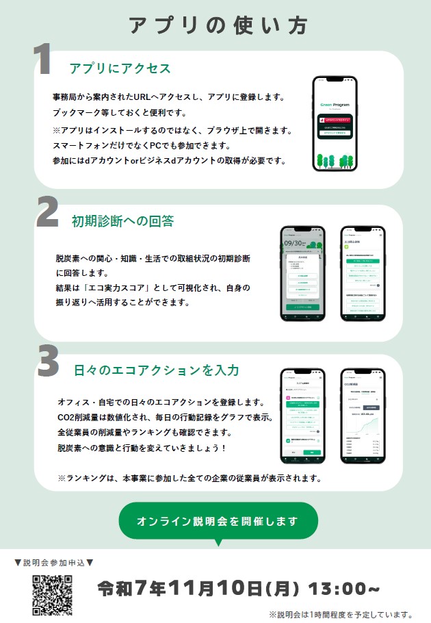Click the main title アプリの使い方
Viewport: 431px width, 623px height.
218,25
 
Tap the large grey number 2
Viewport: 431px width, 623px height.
47,214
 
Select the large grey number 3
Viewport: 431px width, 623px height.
48,363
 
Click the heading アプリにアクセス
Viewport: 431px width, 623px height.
120,68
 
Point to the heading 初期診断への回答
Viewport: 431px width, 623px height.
122,221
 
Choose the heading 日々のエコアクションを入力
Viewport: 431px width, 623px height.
156,370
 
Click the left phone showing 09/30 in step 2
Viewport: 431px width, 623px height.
303,274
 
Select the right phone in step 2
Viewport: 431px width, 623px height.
363,274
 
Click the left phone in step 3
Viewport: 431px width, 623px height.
302,416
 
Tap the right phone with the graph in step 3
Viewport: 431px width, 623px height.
363,416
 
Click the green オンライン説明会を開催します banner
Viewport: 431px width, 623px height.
218,521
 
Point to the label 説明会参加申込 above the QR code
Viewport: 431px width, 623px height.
54,563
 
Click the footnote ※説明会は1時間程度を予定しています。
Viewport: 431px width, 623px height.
341,614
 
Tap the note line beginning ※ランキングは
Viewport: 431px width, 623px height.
190,477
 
